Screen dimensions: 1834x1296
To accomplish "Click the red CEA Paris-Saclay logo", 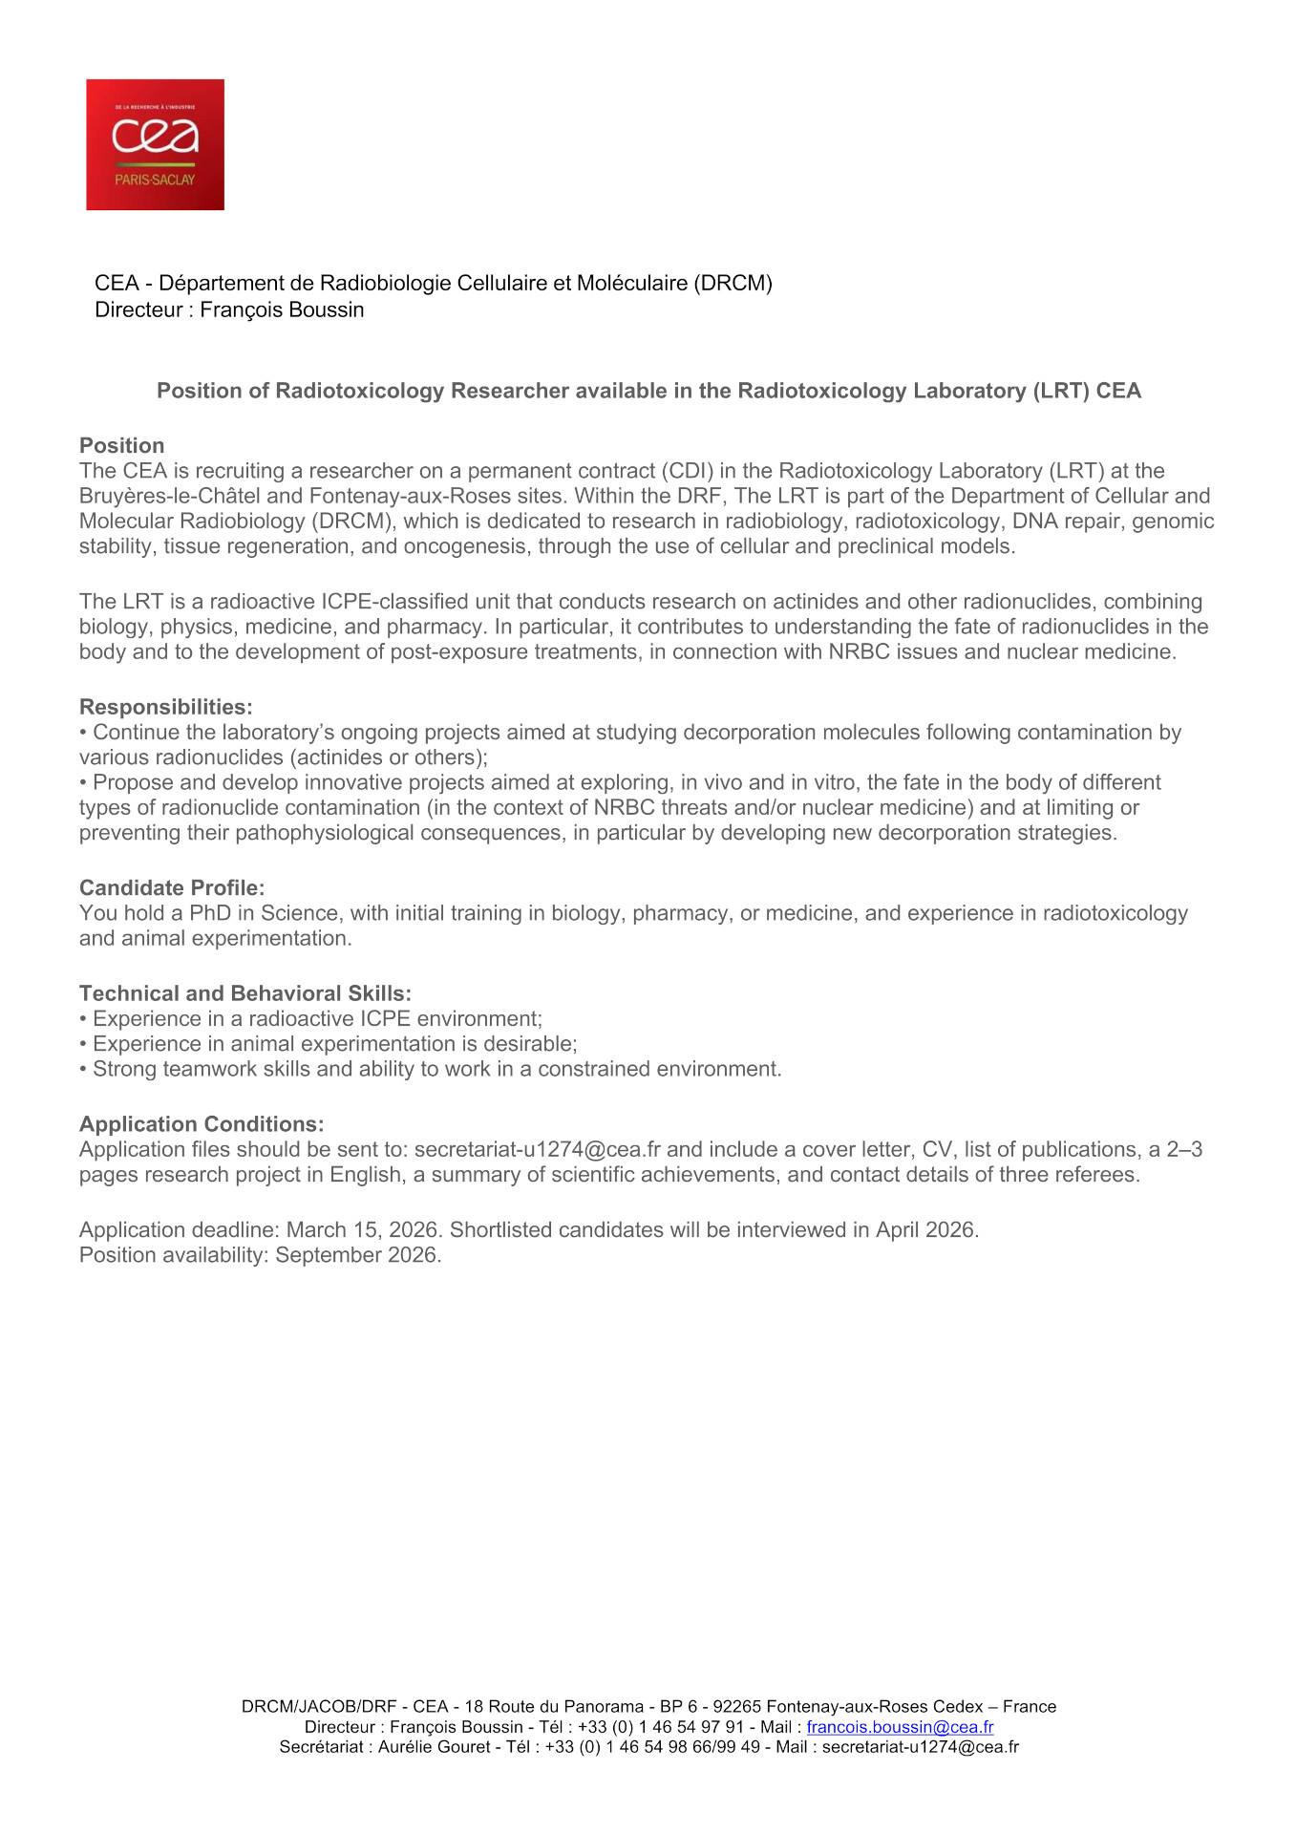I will [x=155, y=144].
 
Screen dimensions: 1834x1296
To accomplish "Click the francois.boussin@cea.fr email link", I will [x=900, y=1726].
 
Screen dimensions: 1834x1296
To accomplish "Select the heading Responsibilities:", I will [x=166, y=707].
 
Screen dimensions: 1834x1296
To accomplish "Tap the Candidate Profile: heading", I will [x=172, y=887].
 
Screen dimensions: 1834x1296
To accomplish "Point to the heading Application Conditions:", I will [x=202, y=1123].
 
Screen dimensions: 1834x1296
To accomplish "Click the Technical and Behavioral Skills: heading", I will [x=245, y=992].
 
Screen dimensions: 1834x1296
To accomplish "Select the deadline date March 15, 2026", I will [x=362, y=1229].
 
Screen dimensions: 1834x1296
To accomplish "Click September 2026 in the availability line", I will [x=357, y=1254].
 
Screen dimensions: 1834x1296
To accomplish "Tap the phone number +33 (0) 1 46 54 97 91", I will [x=660, y=1726].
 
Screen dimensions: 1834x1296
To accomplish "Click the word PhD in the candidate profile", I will [x=210, y=913].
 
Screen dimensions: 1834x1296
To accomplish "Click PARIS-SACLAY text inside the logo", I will [x=155, y=180].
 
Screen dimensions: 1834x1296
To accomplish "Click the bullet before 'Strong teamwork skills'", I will [x=84, y=1069].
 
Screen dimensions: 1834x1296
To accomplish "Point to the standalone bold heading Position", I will [x=122, y=445].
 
